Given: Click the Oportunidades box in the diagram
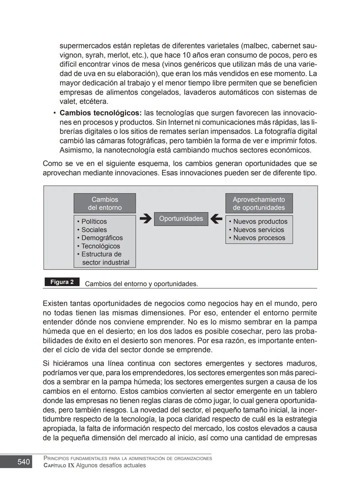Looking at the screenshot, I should click(x=181, y=219).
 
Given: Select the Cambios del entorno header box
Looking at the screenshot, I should click(x=105, y=204).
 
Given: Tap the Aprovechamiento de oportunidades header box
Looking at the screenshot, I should click(x=259, y=204).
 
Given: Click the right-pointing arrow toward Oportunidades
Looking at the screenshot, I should click(x=145, y=219).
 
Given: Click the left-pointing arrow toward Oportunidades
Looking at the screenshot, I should click(x=216, y=219).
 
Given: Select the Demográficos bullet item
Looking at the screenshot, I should click(x=102, y=238).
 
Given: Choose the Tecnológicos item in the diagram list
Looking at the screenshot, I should click(x=100, y=246).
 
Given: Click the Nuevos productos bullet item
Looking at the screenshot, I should click(x=260, y=222).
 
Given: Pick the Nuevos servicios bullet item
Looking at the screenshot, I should click(x=258, y=230).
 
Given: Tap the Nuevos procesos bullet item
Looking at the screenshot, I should click(x=259, y=238).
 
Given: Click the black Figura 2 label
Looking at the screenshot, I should click(x=62, y=282).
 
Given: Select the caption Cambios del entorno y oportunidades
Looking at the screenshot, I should click(x=141, y=284).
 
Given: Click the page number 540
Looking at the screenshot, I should click(x=23, y=462).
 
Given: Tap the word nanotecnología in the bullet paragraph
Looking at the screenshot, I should click(x=129, y=150).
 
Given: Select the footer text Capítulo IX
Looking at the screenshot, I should click(x=59, y=465).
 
